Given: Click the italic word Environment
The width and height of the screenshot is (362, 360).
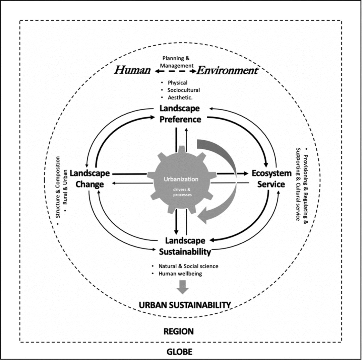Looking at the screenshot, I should pyautogui.click(x=228, y=71).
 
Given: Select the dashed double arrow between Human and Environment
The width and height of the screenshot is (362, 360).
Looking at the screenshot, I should pyautogui.click(x=175, y=71).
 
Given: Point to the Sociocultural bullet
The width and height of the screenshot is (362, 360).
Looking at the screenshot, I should pyautogui.click(x=184, y=90).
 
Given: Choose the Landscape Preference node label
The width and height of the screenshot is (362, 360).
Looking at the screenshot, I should pyautogui.click(x=180, y=114).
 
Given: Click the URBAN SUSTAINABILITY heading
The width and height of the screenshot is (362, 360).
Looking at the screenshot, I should pyautogui.click(x=185, y=305).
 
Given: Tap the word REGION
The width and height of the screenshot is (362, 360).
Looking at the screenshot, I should pyautogui.click(x=178, y=332).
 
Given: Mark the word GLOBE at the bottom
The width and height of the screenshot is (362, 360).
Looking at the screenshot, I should pyautogui.click(x=180, y=352).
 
